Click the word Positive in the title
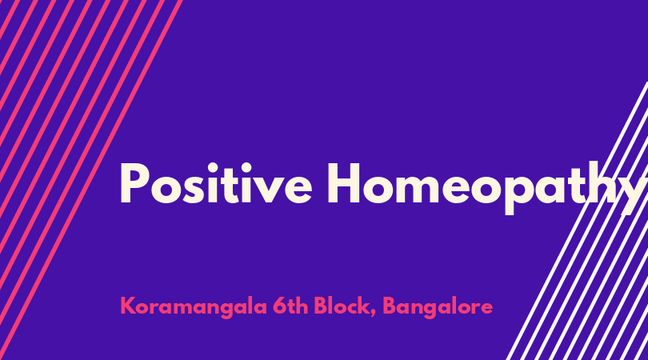point(216,183)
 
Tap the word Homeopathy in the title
point(488,188)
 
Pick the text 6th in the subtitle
point(290,306)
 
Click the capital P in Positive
point(134,183)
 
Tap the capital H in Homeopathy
point(344,183)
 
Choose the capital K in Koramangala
point(128,306)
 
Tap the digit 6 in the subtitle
point(279,306)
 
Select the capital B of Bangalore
point(390,306)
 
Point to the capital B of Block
point(321,306)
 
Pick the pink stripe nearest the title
point(91,180)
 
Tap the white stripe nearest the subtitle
point(577,221)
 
